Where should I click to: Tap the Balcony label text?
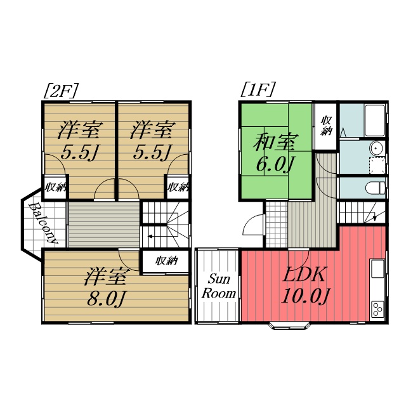coord(43,224)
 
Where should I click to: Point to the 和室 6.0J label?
coord(276,153)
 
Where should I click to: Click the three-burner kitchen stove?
coord(377,309)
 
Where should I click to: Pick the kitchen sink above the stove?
coord(377,269)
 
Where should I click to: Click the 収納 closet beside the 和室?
coord(327,126)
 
